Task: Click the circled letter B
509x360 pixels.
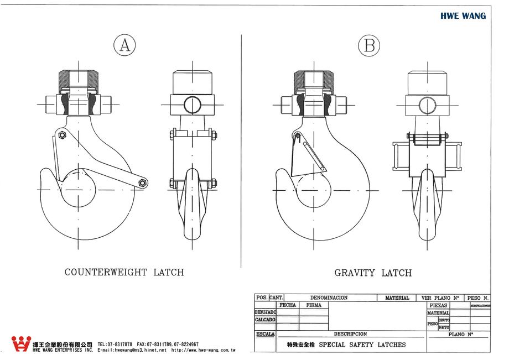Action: [x=369, y=46]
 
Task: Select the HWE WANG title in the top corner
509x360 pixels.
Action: [x=463, y=16]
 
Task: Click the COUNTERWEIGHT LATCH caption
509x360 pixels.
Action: [x=124, y=272]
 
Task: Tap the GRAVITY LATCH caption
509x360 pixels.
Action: [x=373, y=273]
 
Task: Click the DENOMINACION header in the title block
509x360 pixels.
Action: [x=329, y=298]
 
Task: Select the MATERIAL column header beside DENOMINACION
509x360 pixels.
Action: [x=397, y=298]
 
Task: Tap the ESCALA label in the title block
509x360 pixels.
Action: [x=265, y=334]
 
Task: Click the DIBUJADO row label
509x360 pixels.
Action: [x=265, y=312]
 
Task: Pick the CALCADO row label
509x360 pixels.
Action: [x=265, y=319]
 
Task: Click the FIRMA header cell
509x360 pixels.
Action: [x=313, y=305]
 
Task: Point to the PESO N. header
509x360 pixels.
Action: [x=478, y=298]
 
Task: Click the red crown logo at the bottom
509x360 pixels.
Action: [x=21, y=344]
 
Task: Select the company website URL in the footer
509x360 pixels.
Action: [x=203, y=350]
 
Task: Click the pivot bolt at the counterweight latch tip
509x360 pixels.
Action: [x=143, y=182]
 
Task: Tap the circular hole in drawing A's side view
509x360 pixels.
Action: [x=192, y=103]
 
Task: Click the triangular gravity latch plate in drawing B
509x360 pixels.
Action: [x=302, y=158]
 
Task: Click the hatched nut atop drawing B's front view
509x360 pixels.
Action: [x=313, y=82]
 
